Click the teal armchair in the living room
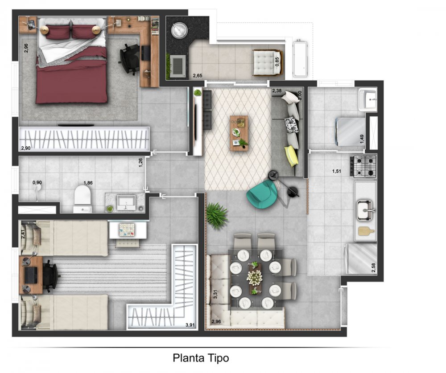tap(261, 195)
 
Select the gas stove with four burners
tap(365, 167)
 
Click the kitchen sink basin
tap(365, 210)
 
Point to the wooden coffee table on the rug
tap(239, 133)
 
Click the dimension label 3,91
tap(190, 325)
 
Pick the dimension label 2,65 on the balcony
tap(198, 76)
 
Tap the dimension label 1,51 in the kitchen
tap(336, 171)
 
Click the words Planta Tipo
tap(201, 358)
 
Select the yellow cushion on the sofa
tap(292, 156)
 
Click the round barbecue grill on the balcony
tap(179, 29)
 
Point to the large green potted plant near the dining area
tap(217, 215)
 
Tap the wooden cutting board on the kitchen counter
tap(366, 231)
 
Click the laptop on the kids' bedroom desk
tap(31, 275)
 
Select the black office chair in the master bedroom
tap(130, 59)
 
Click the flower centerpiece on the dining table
tap(254, 277)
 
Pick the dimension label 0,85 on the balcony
tap(277, 62)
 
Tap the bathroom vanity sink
tap(127, 202)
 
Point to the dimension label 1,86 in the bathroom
tap(88, 183)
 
